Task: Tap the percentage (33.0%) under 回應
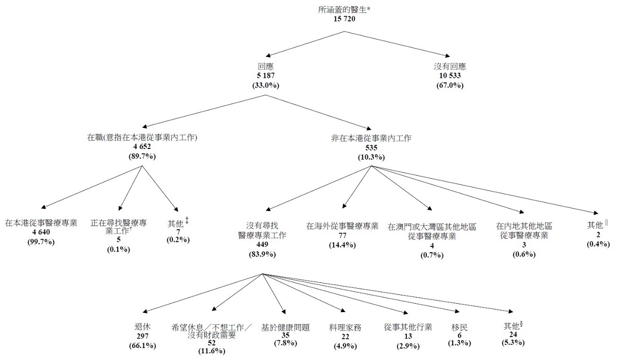coord(265,85)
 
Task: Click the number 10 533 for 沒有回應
coord(450,76)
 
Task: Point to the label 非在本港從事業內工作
coord(371,138)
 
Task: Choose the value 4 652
coord(142,147)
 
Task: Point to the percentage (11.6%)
coord(211,351)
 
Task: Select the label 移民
coord(460,327)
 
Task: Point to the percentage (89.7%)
coord(142,156)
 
